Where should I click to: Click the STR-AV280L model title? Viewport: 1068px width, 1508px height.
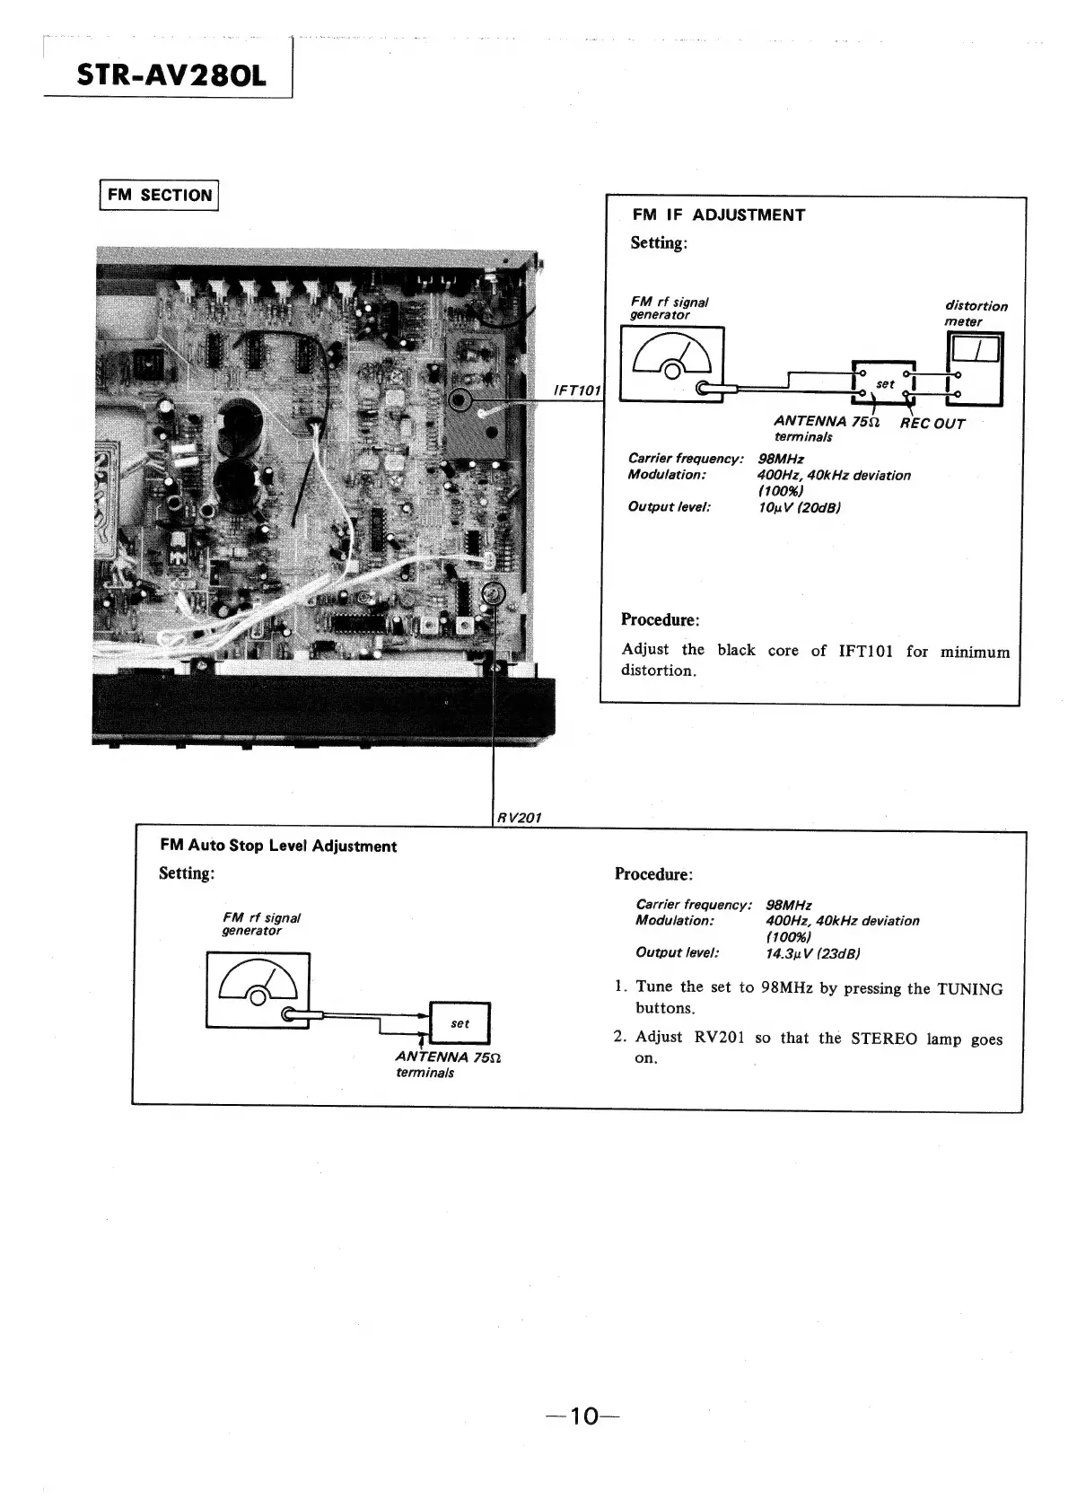pyautogui.click(x=171, y=75)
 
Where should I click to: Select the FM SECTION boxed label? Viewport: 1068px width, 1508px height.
pyautogui.click(x=159, y=195)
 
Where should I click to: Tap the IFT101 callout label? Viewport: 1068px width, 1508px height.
pyautogui.click(x=579, y=390)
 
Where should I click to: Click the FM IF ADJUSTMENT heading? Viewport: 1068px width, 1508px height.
pyautogui.click(x=718, y=215)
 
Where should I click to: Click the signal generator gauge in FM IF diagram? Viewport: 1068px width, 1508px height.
pyautogui.click(x=673, y=364)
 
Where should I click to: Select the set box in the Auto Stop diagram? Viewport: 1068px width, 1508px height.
pyautogui.click(x=460, y=1023)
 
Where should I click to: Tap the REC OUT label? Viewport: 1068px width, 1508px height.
pyautogui.click(x=932, y=424)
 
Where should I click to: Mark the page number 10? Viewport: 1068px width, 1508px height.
pyautogui.click(x=582, y=1416)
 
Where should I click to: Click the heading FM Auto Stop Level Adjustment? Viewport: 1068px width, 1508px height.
pyautogui.click(x=277, y=846)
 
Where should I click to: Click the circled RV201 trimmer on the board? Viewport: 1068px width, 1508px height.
pyautogui.click(x=493, y=594)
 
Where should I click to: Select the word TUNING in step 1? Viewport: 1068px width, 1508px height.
pyautogui.click(x=969, y=989)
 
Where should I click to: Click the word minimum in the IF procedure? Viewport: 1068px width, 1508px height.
pyautogui.click(x=975, y=652)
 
